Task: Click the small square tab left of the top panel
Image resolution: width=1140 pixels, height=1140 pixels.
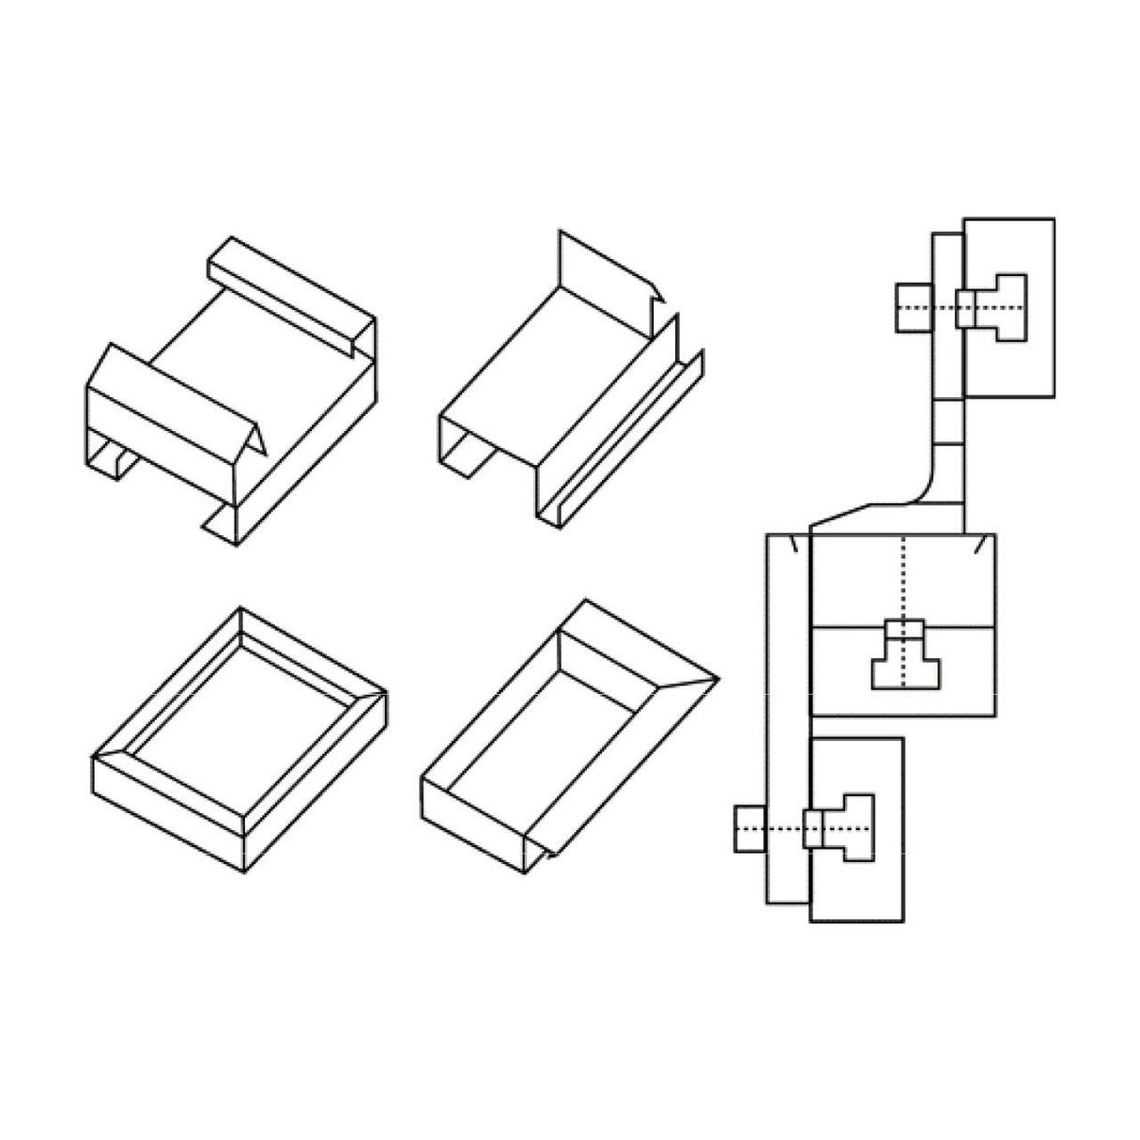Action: (x=914, y=306)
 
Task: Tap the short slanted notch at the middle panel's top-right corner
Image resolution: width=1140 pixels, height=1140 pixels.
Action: (x=980, y=545)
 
